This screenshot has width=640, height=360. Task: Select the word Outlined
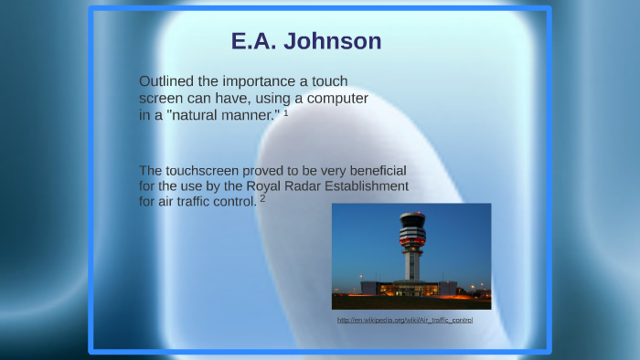[169, 81]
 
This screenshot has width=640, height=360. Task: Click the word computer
[335, 99]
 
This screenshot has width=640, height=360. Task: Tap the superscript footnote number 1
[286, 112]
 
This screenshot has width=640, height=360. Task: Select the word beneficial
[369, 171]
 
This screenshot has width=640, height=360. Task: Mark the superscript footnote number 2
[263, 198]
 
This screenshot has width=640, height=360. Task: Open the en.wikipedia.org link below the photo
[405, 320]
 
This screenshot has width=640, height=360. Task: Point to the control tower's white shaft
[412, 265]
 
